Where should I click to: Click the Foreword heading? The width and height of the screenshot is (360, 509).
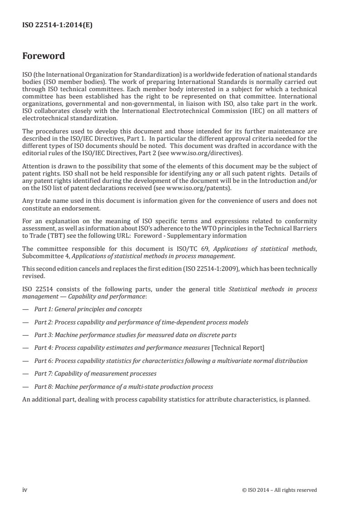click(44, 56)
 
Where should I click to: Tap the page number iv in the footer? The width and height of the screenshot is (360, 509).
click(25, 489)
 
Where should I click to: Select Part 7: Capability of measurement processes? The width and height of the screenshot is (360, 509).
click(95, 374)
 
